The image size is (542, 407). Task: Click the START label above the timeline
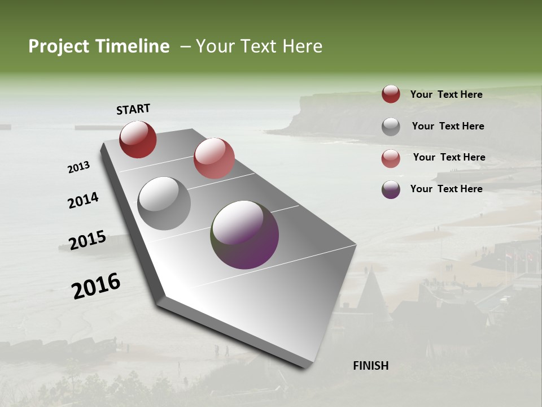(x=133, y=109)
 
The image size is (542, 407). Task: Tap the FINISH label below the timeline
(x=371, y=366)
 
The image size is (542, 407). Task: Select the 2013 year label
(x=79, y=167)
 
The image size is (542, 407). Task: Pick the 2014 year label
(x=83, y=200)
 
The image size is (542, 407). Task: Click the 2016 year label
(x=96, y=286)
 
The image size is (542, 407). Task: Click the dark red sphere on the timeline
(x=138, y=139)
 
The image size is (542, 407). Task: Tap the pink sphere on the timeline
(x=214, y=158)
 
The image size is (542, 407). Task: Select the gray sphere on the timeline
(x=164, y=203)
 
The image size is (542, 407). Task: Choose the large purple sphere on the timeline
(x=244, y=235)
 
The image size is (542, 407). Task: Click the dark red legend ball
(x=391, y=94)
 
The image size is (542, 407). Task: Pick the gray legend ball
(x=391, y=127)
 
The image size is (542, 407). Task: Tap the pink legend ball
(x=391, y=158)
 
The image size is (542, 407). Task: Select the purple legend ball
(x=391, y=189)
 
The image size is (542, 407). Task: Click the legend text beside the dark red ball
(x=446, y=94)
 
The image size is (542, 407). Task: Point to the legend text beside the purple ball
(x=446, y=189)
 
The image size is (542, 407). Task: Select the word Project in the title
(x=59, y=46)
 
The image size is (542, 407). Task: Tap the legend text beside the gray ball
(x=448, y=126)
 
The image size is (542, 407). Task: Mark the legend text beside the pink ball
(x=449, y=157)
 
